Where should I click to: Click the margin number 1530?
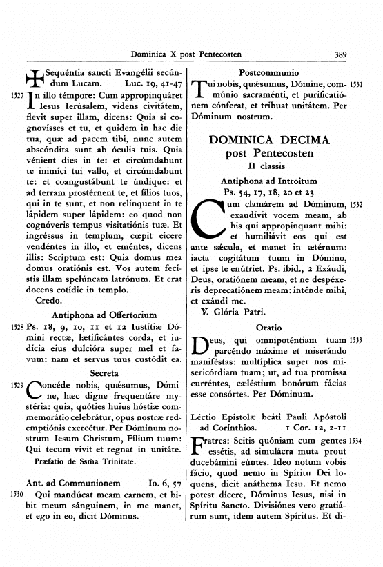click(x=17, y=495)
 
